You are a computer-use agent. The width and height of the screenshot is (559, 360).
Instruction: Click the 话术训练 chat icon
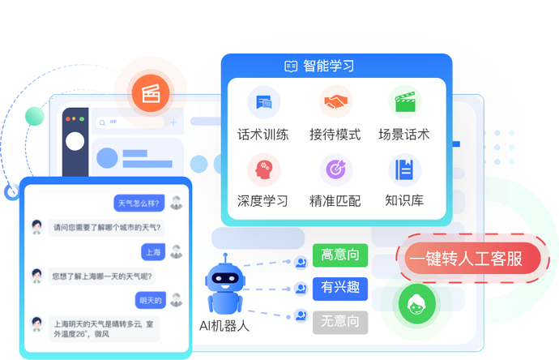pyautogui.click(x=263, y=103)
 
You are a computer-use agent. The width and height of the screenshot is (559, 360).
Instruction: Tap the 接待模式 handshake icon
pyautogui.click(x=335, y=103)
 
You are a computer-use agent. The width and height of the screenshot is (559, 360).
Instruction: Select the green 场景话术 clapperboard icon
pyautogui.click(x=404, y=103)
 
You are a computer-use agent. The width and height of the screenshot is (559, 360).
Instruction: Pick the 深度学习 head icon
pyautogui.click(x=263, y=169)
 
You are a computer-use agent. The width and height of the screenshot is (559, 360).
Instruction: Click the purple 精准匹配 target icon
pyautogui.click(x=335, y=169)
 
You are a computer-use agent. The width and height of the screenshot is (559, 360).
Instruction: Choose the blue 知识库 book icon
pyautogui.click(x=404, y=169)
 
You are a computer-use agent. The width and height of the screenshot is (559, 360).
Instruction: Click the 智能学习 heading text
pyautogui.click(x=328, y=66)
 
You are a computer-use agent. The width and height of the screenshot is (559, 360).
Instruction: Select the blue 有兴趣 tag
pyautogui.click(x=340, y=288)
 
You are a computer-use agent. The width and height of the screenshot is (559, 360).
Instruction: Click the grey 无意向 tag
pyautogui.click(x=340, y=320)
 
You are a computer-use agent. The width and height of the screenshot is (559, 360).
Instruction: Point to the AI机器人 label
pyautogui.click(x=224, y=327)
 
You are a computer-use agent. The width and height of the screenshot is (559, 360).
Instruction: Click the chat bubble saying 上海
pyautogui.click(x=153, y=252)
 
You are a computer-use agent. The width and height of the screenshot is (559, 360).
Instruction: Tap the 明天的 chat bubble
pyautogui.click(x=151, y=301)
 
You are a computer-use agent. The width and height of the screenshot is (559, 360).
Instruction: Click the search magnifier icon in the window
pyautogui.click(x=103, y=122)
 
